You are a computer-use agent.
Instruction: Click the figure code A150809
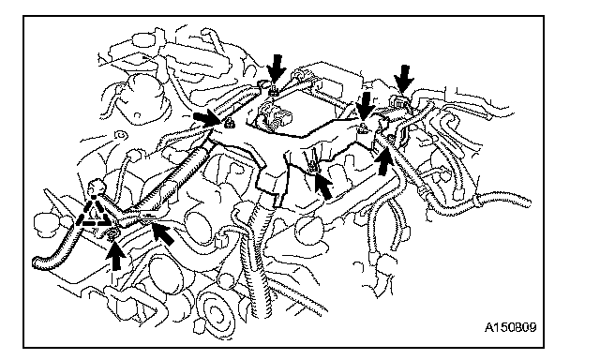510,327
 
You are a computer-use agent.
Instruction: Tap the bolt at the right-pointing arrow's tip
229,123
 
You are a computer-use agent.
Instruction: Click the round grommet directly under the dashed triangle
113,233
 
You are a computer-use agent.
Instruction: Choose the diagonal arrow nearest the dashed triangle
162,233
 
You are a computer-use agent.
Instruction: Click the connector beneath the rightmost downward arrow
398,102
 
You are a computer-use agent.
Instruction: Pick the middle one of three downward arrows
366,107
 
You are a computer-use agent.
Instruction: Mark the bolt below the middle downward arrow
363,129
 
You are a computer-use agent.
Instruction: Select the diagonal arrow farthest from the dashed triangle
323,186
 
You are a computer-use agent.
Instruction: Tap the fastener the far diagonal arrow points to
312,166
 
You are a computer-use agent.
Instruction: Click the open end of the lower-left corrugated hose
37,262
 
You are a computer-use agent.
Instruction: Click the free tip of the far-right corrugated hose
527,202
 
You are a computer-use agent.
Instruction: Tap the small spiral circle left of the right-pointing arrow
122,135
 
